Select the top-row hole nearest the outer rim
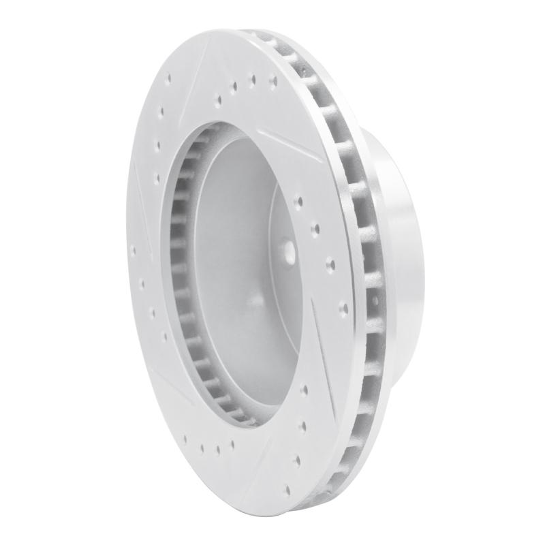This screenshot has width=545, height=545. click(273, 80)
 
